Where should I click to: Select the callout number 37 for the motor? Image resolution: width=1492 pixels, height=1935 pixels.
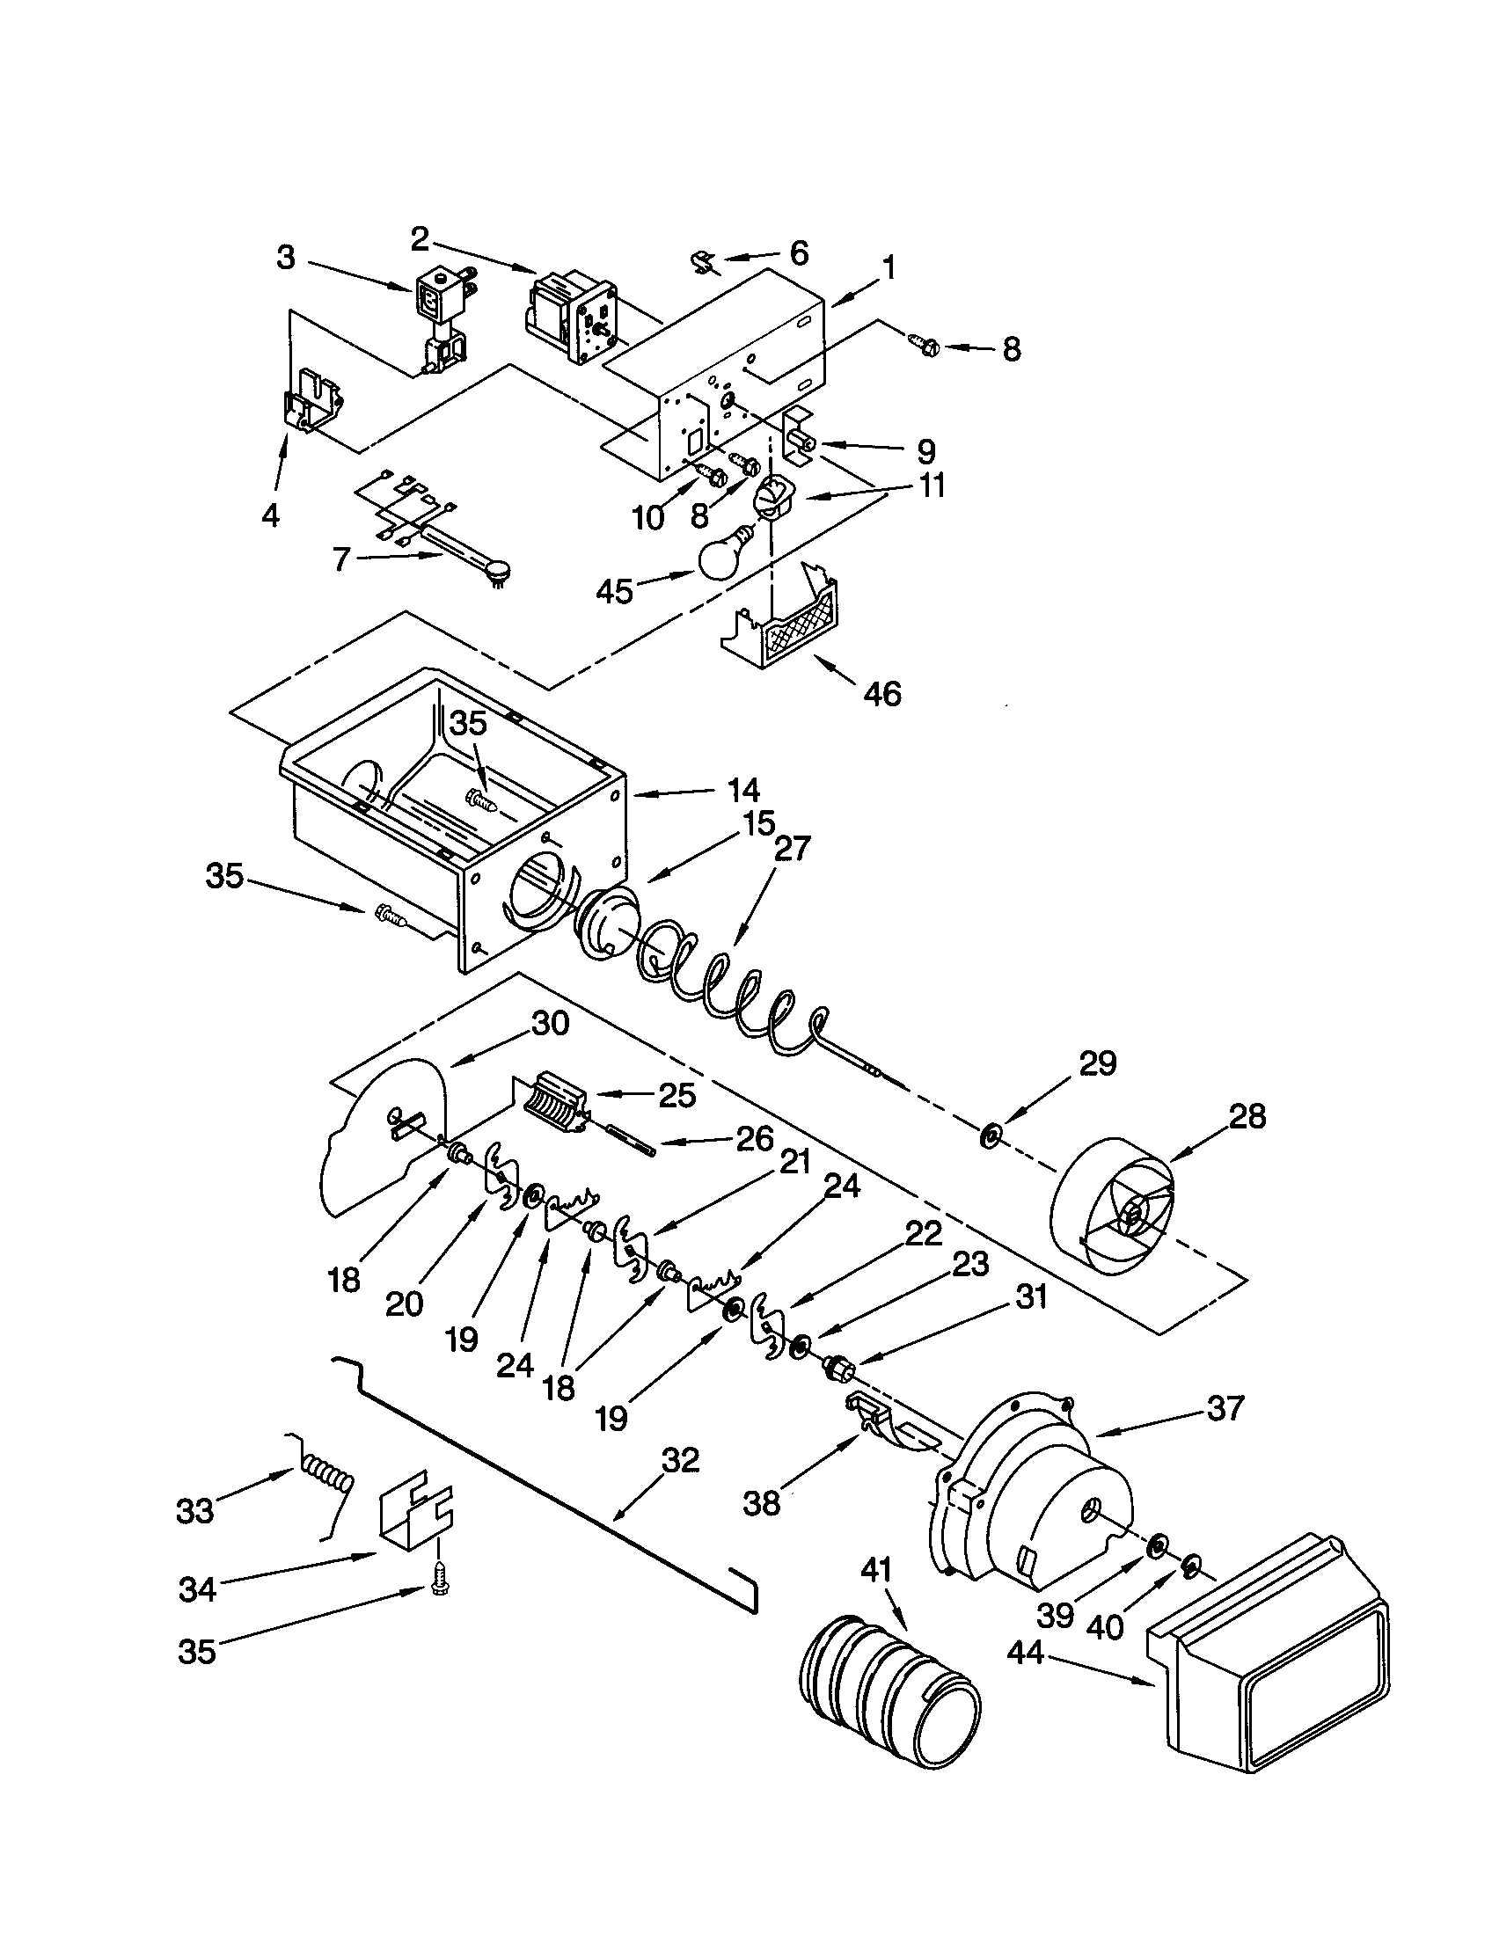pyautogui.click(x=1225, y=1408)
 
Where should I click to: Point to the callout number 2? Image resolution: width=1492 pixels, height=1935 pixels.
pyautogui.click(x=421, y=237)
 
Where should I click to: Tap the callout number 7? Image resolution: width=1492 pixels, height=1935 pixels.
pyautogui.click(x=342, y=560)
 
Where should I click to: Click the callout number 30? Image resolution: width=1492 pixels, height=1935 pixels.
pyautogui.click(x=550, y=1023)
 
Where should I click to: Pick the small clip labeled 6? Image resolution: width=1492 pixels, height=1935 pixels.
pyautogui.click(x=703, y=261)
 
